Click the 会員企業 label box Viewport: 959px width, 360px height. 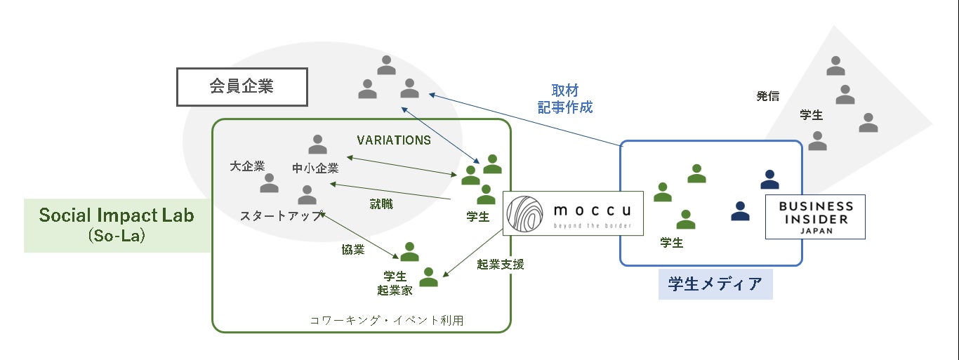(242, 87)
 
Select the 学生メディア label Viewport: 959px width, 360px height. (715, 284)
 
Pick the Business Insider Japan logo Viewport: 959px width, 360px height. (815, 217)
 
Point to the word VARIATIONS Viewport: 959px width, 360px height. (394, 140)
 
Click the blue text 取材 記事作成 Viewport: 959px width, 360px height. (565, 99)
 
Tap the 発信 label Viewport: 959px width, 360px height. (767, 96)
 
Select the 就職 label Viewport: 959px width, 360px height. (381, 204)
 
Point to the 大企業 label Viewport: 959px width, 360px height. (247, 166)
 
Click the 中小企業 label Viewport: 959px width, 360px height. (316, 168)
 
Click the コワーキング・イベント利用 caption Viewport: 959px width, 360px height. (387, 320)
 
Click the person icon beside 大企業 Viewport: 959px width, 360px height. (269, 184)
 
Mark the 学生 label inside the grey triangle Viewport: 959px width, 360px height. (812, 114)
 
